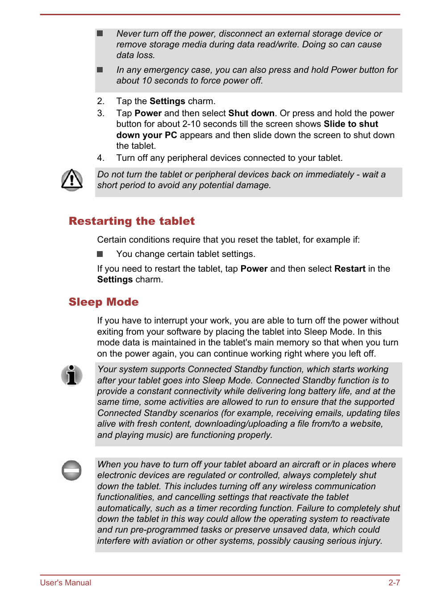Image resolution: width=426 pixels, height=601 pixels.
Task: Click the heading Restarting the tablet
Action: point(132,221)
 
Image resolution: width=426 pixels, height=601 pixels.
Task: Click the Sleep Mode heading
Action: point(104,302)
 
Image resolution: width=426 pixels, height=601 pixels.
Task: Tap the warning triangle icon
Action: point(72,180)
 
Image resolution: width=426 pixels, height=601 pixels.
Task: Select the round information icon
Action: point(72,375)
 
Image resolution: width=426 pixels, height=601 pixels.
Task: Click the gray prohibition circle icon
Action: point(71,470)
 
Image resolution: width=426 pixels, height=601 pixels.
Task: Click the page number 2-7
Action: point(394,583)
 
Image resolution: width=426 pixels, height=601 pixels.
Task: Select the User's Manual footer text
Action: point(66,583)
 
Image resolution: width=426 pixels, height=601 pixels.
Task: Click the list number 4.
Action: point(100,158)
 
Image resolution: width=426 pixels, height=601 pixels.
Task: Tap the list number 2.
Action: point(100,101)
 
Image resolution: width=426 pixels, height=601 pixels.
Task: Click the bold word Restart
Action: point(350,269)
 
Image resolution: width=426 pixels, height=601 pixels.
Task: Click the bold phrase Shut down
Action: point(251,113)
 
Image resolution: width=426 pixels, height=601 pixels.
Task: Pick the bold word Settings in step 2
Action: point(167,101)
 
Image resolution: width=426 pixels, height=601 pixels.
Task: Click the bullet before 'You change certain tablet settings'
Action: point(100,254)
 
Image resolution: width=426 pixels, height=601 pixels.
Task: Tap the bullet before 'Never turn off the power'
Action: point(100,34)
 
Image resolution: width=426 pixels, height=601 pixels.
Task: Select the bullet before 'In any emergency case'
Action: point(100,70)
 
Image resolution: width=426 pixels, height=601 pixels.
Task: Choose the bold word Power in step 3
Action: point(148,113)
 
